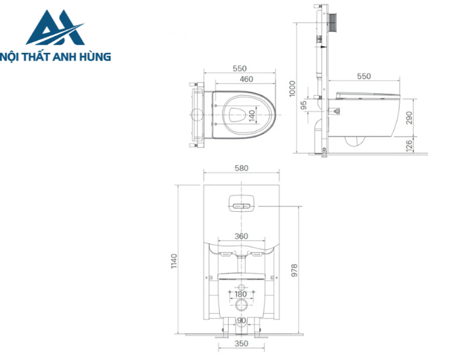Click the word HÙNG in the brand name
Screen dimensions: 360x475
93,57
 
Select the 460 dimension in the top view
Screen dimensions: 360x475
237,79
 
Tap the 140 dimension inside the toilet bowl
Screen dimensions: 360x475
251,114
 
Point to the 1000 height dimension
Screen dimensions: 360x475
292,87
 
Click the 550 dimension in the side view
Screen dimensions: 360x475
364,76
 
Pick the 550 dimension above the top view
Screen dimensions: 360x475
240,69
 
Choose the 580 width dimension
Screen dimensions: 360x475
241,168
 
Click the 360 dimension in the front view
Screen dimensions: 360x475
241,236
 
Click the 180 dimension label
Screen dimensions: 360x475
241,294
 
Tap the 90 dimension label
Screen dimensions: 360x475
241,321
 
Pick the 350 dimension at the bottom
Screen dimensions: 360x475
241,344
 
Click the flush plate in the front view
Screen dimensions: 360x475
241,204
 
